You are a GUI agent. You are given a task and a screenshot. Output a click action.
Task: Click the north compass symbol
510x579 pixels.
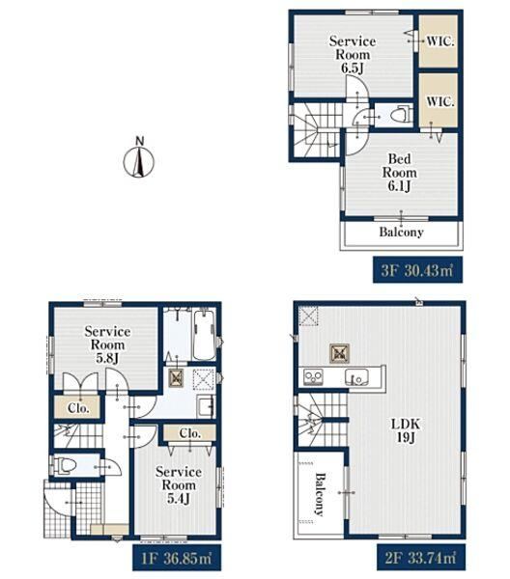tap(138, 158)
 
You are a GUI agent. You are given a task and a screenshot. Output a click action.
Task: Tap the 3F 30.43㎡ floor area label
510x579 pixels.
tap(417, 269)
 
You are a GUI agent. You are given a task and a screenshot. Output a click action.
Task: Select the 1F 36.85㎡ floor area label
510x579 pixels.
tap(177, 557)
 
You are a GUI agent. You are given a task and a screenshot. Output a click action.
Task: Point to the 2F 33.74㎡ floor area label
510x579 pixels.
tap(421, 557)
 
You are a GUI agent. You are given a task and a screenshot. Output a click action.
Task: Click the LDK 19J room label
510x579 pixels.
tap(406, 430)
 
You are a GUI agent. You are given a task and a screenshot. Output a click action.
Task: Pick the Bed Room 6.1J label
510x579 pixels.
tap(400, 173)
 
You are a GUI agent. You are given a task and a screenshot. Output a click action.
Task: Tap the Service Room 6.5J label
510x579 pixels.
tap(353, 55)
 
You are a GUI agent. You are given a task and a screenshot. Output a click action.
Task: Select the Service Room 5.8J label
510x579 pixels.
tap(107, 345)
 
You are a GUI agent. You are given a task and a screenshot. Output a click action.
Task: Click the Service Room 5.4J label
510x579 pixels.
tap(179, 484)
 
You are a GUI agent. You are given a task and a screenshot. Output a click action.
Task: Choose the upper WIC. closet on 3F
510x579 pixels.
tap(439, 41)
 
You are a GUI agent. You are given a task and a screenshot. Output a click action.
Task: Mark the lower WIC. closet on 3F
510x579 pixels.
tap(439, 100)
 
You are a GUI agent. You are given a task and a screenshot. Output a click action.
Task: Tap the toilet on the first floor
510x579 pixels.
tap(65, 465)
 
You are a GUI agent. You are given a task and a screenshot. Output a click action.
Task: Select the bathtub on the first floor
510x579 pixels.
tap(204, 335)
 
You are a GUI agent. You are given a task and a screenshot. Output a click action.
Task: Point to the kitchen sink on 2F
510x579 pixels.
tap(356, 377)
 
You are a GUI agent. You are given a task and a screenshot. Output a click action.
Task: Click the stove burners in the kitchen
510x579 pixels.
tap(313, 377)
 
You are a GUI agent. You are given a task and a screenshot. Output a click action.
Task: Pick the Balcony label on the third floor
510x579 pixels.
tap(402, 233)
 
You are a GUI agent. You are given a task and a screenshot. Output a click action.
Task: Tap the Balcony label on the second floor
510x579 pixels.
tap(320, 494)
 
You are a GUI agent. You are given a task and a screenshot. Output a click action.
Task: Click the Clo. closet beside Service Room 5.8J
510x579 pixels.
tap(77, 407)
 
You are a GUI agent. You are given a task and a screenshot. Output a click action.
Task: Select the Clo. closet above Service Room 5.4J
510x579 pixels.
tap(189, 432)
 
